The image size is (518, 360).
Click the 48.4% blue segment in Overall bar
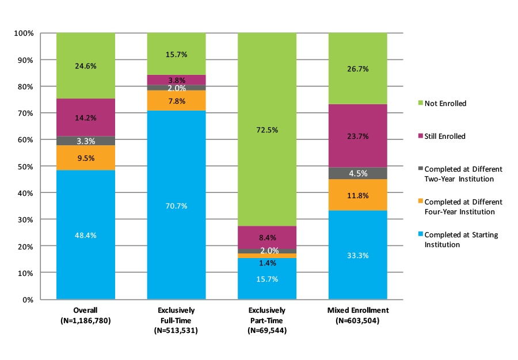click(85, 234)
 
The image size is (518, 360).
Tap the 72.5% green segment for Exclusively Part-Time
click(267, 130)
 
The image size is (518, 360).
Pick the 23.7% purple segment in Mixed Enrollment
click(357, 136)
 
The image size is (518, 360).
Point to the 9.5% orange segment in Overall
click(85, 158)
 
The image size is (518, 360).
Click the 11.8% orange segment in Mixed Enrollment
click(357, 195)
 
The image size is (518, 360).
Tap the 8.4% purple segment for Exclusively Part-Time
click(267, 237)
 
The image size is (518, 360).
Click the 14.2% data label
click(86, 118)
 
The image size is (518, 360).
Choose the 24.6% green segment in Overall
click(85, 66)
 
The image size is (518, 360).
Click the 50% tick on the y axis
click(25, 166)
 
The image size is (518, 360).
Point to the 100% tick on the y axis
click(24, 33)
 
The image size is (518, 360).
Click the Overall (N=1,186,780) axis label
click(85, 314)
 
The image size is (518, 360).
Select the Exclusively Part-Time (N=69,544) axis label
click(267, 320)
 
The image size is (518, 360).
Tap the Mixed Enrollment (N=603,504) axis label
click(357, 314)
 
